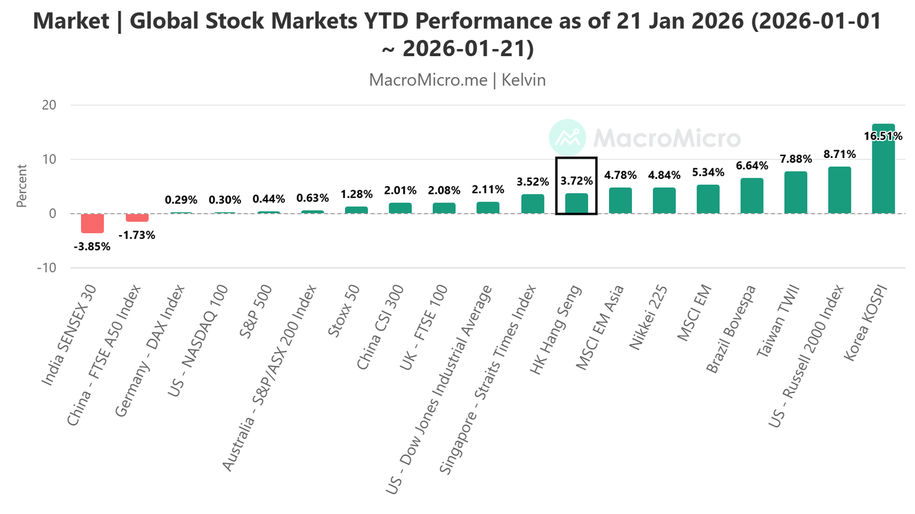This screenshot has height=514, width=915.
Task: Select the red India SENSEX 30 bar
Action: [x=92, y=223]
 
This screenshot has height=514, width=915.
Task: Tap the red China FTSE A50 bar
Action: [x=137, y=218]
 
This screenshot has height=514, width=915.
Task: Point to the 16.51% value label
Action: [x=882, y=137]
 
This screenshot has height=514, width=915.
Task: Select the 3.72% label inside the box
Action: [x=576, y=181]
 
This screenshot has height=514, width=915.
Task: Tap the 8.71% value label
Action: [x=839, y=155]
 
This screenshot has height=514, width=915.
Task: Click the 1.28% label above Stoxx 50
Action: [x=356, y=195]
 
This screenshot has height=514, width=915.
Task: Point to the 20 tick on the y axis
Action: [x=49, y=105]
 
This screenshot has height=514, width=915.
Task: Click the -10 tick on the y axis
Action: [x=46, y=268]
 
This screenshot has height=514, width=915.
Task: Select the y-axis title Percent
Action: [x=22, y=186]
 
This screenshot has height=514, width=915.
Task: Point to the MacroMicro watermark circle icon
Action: [x=567, y=138]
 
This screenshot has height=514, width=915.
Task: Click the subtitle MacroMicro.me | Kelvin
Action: [x=457, y=80]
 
